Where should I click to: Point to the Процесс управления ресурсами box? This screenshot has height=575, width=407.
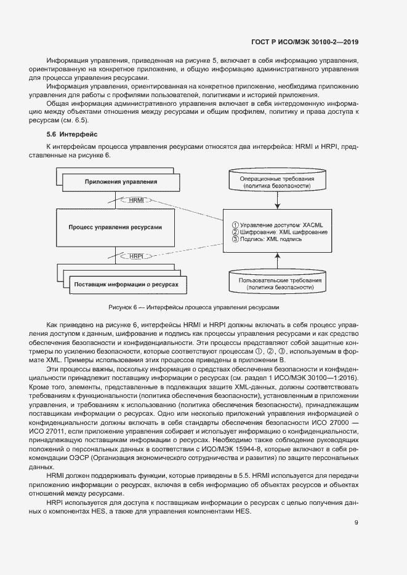(x=115, y=227)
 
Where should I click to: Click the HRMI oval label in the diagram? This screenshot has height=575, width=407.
(x=136, y=200)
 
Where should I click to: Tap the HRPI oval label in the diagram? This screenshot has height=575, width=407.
(x=136, y=256)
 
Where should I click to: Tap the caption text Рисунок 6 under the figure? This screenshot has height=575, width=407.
(x=193, y=307)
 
